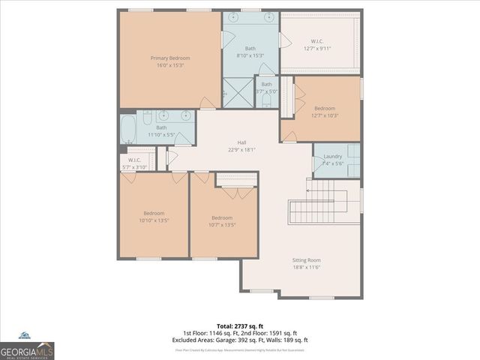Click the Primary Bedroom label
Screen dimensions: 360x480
(169, 58)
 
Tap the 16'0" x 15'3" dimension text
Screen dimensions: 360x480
(169, 65)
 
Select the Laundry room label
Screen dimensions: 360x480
(332, 156)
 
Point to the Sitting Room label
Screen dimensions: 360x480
(306, 260)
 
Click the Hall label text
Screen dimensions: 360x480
(242, 142)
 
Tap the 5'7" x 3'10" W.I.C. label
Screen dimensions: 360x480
(135, 160)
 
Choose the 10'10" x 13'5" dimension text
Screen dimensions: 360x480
(154, 220)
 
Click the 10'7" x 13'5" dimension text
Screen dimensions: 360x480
(222, 224)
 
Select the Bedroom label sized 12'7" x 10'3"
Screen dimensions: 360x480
(325, 108)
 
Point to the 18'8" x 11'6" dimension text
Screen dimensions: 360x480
(306, 268)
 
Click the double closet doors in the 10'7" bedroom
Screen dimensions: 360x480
(236, 193)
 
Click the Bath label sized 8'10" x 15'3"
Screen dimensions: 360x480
(250, 48)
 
